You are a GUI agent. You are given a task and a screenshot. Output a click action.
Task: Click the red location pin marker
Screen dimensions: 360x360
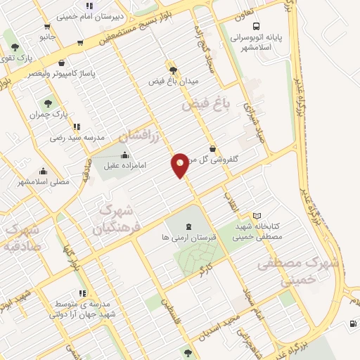(180, 165)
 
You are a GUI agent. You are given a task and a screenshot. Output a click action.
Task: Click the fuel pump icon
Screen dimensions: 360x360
(352, 324)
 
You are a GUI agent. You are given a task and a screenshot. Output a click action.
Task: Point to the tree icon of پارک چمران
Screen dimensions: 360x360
(49, 104)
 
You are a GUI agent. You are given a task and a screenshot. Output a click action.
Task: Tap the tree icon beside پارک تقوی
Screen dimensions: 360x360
(15, 47)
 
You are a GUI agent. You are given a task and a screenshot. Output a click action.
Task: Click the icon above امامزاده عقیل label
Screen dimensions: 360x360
(125, 155)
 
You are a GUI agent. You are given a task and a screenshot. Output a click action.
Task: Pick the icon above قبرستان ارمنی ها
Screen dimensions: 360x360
(188, 226)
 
